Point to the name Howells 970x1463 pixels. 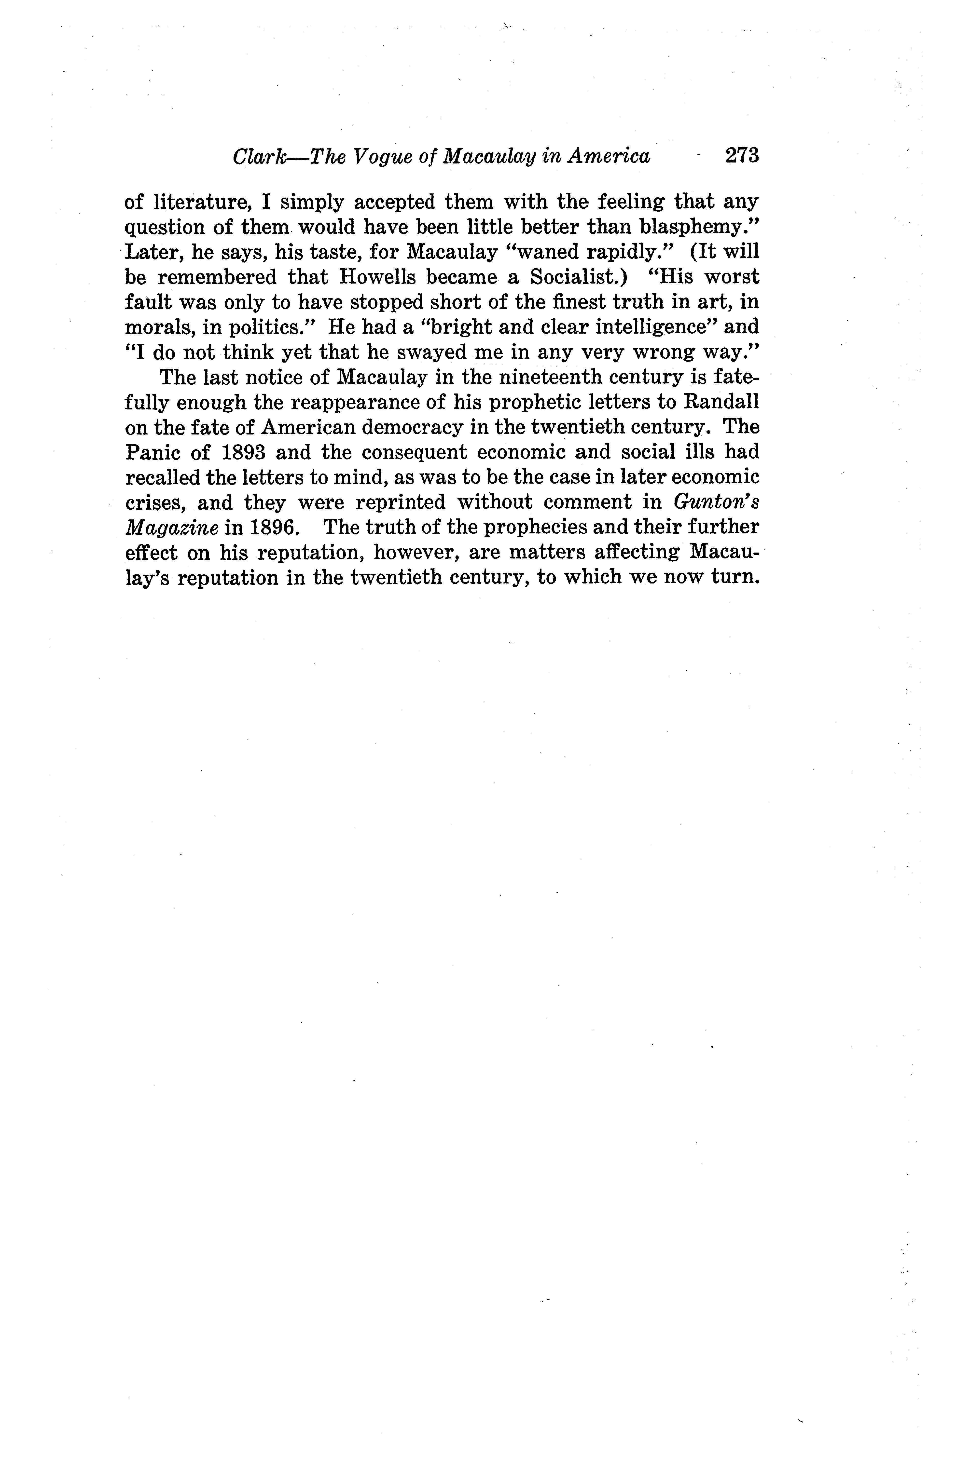click(x=379, y=277)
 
